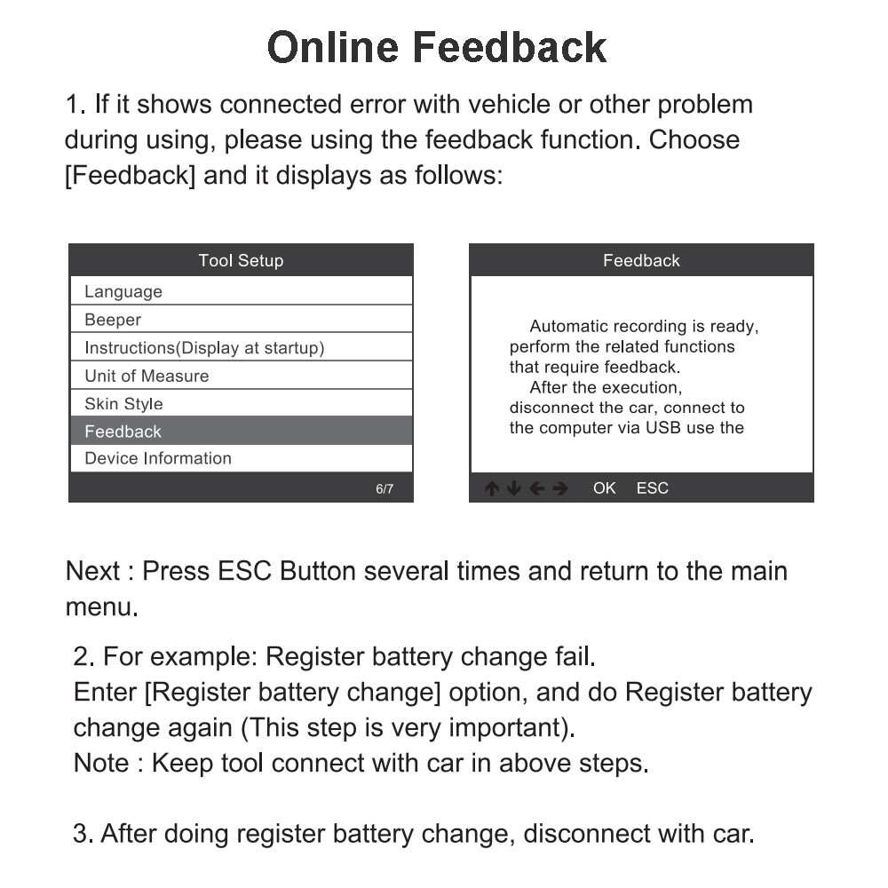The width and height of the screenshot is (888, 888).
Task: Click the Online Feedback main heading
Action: (x=437, y=47)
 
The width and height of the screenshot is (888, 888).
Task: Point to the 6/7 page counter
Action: (x=385, y=488)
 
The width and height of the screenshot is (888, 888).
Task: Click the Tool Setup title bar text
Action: (x=241, y=260)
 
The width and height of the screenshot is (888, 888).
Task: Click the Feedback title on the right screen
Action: (x=641, y=260)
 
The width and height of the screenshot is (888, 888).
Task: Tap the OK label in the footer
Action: (x=604, y=488)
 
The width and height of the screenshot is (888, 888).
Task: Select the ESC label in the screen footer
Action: (x=652, y=488)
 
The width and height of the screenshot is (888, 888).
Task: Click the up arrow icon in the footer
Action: (x=492, y=488)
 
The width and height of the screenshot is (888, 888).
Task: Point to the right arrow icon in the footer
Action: (x=560, y=488)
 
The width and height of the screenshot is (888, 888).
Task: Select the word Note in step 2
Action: (x=100, y=762)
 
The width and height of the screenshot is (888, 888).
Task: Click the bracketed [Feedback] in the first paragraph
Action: (x=130, y=174)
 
